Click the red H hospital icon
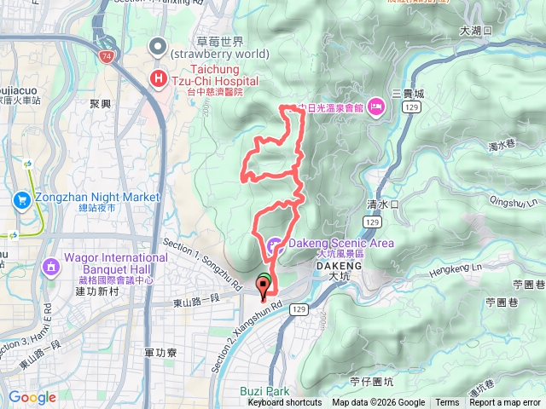pyautogui.click(x=158, y=78)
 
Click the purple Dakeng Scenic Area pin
pyautogui.click(x=273, y=245)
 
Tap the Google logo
pyautogui.click(x=32, y=397)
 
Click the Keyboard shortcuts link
pyautogui.click(x=285, y=403)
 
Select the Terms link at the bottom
pyautogui.click(x=447, y=403)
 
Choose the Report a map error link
pyautogui.click(x=504, y=403)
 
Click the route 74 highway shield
pyautogui.click(x=106, y=55)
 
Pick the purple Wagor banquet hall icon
pyautogui.click(x=51, y=268)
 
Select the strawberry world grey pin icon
pyautogui.click(x=158, y=46)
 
